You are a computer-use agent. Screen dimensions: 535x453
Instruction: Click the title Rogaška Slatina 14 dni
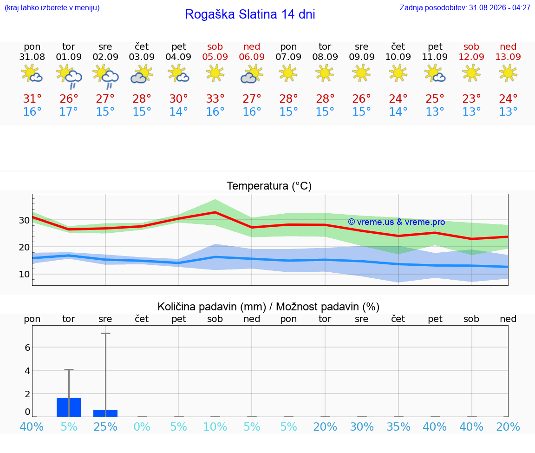click(x=250, y=14)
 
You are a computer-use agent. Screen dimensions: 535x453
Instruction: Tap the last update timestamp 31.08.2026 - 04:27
click(x=500, y=7)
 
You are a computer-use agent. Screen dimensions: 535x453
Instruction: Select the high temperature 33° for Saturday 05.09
click(x=215, y=98)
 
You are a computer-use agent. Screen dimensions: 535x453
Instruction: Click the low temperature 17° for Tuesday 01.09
click(x=69, y=112)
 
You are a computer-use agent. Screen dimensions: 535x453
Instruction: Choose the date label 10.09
click(x=398, y=57)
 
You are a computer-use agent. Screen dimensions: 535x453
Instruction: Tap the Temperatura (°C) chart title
click(x=269, y=186)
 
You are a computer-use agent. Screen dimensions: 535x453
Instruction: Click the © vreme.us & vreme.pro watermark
click(x=397, y=222)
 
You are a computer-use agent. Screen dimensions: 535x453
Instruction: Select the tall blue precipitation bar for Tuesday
click(x=69, y=407)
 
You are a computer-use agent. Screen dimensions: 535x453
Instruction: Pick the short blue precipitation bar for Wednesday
click(x=105, y=414)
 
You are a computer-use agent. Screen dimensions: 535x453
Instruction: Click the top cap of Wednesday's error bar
click(x=105, y=333)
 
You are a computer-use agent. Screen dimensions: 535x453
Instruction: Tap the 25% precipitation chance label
click(x=105, y=427)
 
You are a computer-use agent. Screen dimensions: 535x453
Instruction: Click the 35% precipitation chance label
click(x=398, y=427)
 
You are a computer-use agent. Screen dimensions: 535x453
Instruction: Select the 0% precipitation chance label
click(x=142, y=427)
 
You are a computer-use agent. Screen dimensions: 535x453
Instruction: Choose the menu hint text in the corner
click(x=52, y=7)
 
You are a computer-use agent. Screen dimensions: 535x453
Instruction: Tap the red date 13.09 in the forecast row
click(x=508, y=57)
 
